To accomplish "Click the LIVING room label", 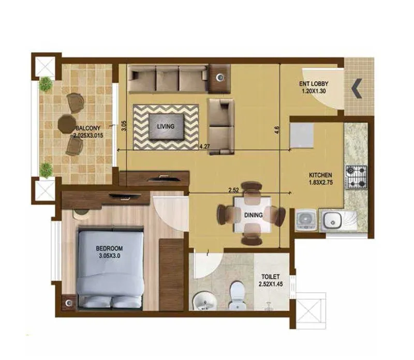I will point(166,126).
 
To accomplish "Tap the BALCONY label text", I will point(86,128).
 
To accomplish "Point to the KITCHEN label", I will point(321,175).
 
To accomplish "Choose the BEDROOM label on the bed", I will point(110,248).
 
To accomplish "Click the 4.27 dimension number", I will point(205,146).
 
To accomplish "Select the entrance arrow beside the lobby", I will point(357,88).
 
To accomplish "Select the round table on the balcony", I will point(66,123).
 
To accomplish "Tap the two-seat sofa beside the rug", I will point(220,126).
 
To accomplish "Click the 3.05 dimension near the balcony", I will point(123,127).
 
